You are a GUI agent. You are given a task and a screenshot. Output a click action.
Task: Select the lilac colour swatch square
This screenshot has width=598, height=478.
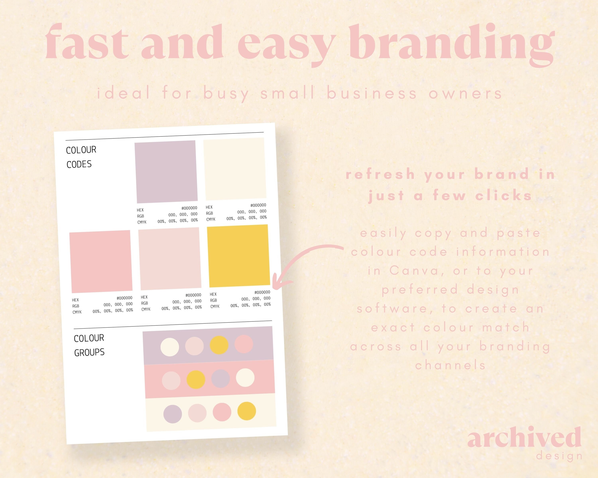click(x=166, y=172)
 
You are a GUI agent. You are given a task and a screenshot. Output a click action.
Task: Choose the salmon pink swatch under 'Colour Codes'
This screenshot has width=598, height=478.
click(x=101, y=262)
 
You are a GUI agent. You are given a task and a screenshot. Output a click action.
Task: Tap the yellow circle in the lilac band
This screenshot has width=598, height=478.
click(x=219, y=345)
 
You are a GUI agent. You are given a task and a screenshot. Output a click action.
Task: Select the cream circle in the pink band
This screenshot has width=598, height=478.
click(x=245, y=377)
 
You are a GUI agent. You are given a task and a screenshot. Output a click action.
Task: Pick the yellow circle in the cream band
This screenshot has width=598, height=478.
click(x=247, y=411)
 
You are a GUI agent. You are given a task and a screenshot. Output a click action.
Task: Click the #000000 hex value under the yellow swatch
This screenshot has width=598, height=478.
click(x=262, y=292)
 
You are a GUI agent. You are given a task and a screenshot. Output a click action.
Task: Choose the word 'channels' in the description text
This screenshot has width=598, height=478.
click(x=450, y=365)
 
